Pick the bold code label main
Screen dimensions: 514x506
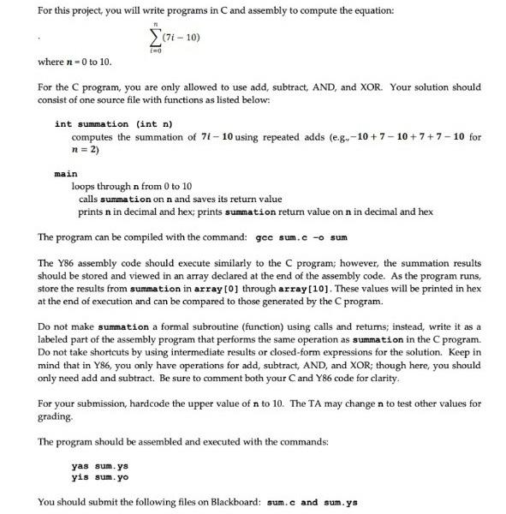click(x=66, y=173)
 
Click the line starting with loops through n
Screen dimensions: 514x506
click(x=132, y=186)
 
